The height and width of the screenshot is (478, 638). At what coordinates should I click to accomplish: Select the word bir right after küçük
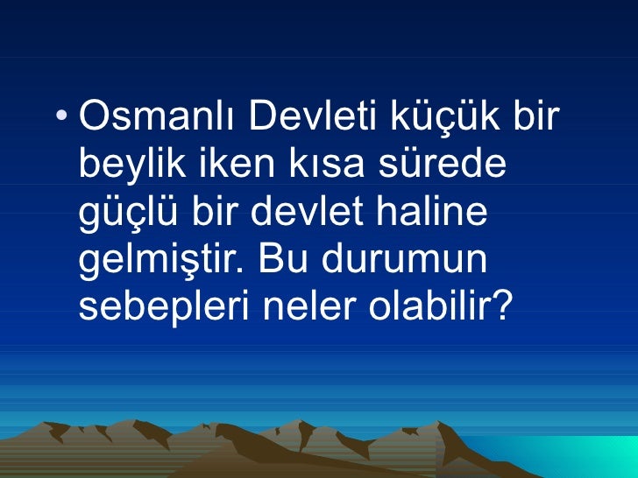(536, 116)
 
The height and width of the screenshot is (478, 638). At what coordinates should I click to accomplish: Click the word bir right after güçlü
(216, 213)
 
